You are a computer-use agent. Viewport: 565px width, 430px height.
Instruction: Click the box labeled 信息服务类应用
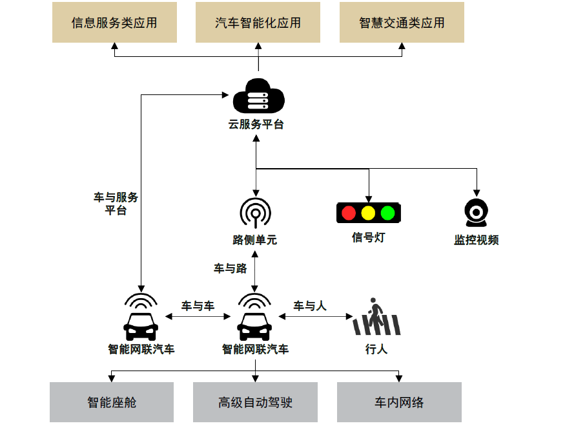click(x=114, y=23)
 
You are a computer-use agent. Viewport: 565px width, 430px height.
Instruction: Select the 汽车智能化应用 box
click(x=258, y=23)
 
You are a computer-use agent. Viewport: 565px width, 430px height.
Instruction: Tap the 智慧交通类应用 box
click(x=402, y=23)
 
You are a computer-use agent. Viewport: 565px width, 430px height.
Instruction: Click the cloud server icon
click(x=258, y=97)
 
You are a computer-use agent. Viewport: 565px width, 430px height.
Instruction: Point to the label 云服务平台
click(x=256, y=125)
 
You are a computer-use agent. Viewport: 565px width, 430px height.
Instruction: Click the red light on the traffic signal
click(x=349, y=213)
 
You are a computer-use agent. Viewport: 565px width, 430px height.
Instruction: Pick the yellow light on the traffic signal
click(x=368, y=213)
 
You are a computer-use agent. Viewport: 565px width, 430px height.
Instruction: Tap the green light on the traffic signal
click(x=387, y=213)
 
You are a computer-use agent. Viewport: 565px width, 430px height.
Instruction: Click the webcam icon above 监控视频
click(x=477, y=212)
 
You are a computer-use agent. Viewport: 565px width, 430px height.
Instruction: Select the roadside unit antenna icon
click(x=256, y=211)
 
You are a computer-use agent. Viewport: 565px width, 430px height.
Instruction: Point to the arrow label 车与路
click(x=230, y=268)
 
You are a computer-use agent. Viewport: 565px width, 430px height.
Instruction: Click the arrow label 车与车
click(x=198, y=306)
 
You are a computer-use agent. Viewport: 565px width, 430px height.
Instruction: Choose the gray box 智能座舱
click(x=112, y=402)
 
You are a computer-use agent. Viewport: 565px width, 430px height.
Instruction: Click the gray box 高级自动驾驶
click(x=256, y=402)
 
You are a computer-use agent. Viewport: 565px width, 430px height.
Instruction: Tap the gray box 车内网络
click(x=399, y=402)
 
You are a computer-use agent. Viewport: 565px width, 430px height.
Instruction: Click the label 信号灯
click(x=368, y=237)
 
